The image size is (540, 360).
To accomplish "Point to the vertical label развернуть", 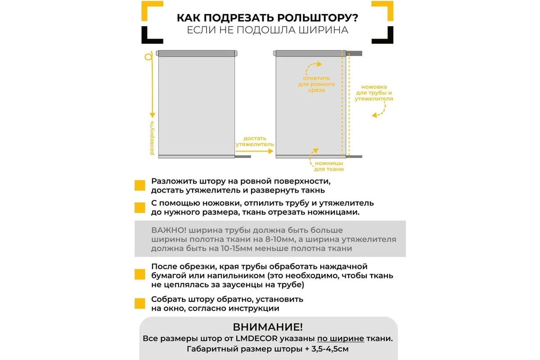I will coord(152,138).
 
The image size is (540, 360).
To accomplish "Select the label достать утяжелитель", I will coord(255,141).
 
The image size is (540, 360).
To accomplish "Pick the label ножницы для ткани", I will coord(329,166).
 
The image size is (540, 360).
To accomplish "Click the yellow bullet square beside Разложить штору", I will coord(139,186).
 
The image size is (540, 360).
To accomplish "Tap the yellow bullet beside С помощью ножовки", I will coord(139,207).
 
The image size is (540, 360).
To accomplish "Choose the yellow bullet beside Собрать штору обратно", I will coord(139,304).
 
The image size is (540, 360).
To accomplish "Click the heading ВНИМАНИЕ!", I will coord(268,327).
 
